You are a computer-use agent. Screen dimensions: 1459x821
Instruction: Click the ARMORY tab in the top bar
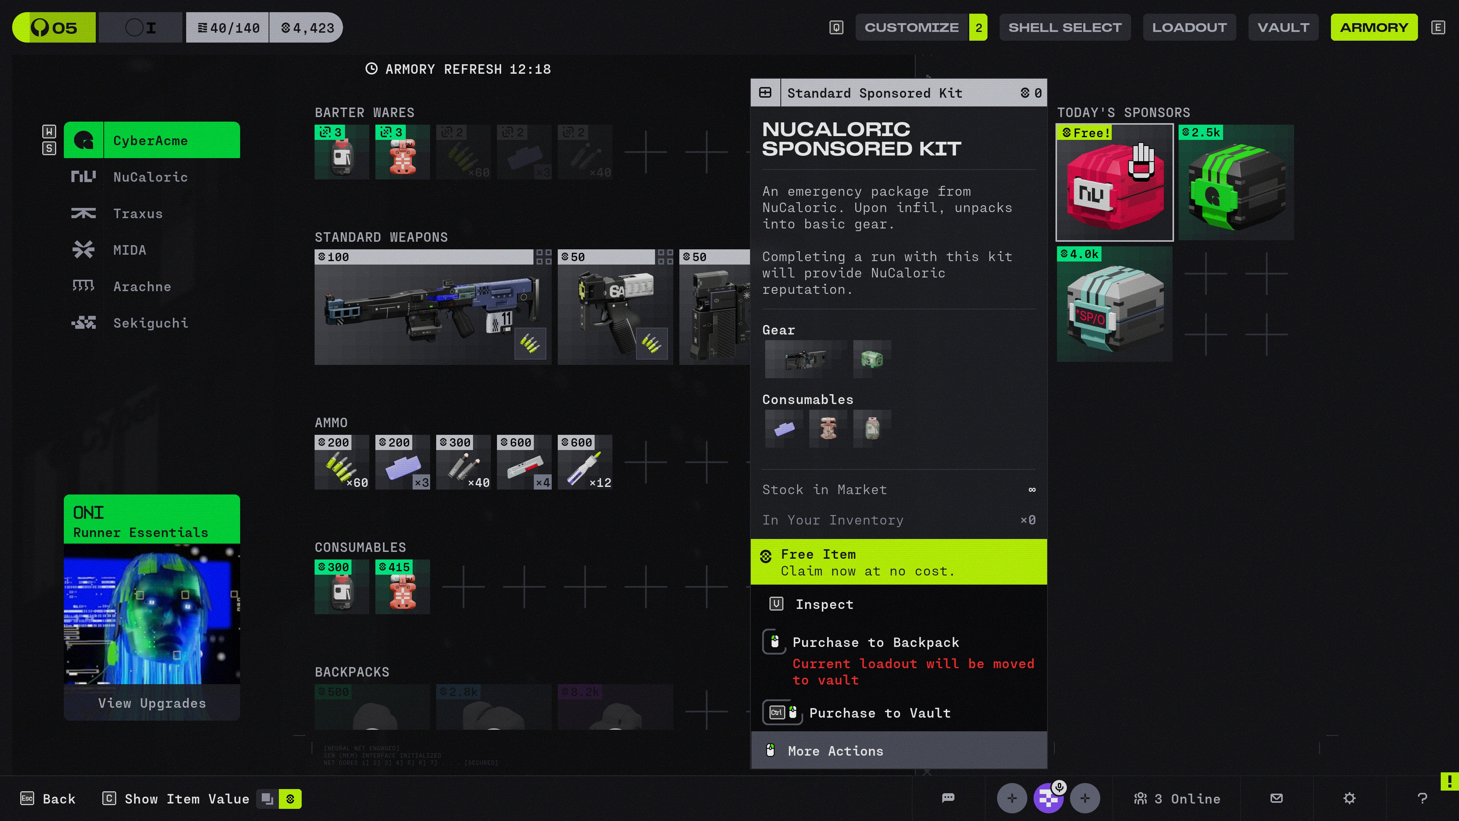[1374, 27]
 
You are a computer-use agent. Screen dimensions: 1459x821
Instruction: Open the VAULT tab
[1283, 27]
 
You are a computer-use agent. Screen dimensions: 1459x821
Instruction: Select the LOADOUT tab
[1189, 27]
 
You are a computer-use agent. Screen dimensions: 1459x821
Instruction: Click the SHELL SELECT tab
[1064, 27]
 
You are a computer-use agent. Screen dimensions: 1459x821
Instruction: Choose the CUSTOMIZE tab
[911, 27]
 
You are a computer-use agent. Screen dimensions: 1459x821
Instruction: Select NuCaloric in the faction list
[150, 177]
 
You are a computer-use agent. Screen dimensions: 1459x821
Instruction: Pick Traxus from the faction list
[138, 214]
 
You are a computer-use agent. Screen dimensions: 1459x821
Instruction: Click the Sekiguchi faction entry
[150, 323]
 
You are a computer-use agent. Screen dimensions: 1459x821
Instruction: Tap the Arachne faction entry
[142, 287]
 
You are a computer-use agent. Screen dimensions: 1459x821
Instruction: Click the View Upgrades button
[152, 703]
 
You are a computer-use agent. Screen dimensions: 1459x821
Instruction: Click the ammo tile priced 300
[463, 462]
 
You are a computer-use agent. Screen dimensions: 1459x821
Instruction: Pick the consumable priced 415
[402, 587]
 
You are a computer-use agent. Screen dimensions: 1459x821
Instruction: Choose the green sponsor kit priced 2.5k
[1236, 182]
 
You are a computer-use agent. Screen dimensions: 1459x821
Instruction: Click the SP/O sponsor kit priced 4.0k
[1114, 304]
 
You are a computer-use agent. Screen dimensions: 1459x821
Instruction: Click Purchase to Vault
[879, 713]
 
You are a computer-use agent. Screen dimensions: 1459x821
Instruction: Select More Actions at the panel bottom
[835, 751]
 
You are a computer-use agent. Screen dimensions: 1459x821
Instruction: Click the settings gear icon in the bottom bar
[1349, 798]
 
